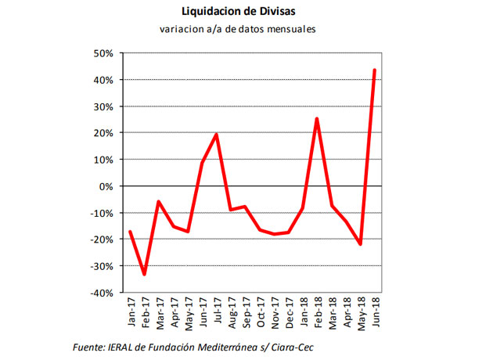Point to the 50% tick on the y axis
click(x=103, y=53)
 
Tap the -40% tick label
click(x=102, y=293)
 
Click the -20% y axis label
click(x=102, y=239)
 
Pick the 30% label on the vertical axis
click(x=103, y=106)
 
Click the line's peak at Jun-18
click(x=374, y=70)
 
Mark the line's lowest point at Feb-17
click(x=145, y=274)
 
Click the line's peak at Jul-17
click(x=217, y=135)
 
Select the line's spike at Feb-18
click(x=317, y=119)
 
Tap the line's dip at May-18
click(x=360, y=244)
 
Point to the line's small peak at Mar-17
click(x=160, y=202)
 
